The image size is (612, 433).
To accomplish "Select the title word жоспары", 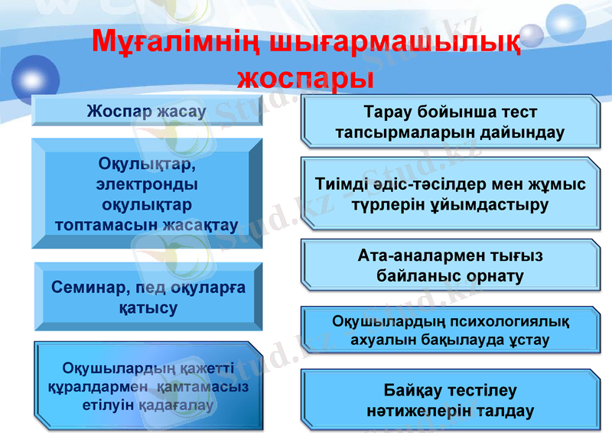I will (305, 78).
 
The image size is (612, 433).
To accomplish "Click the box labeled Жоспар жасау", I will (146, 111).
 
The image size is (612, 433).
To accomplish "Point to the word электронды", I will (146, 185).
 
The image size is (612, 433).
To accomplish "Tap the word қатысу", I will (148, 308).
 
